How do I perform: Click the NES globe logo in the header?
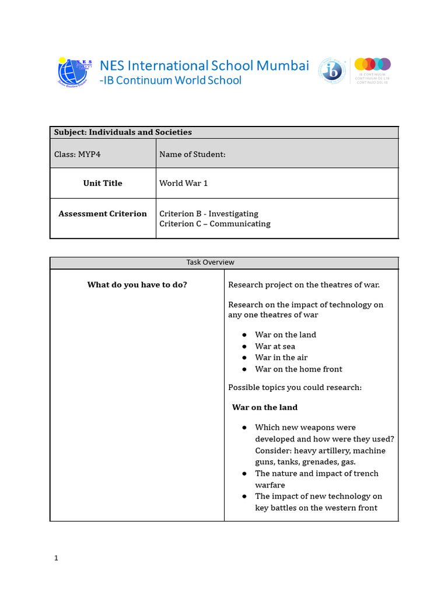pos(75,72)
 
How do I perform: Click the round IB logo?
pos(331,71)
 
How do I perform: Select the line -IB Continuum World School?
pos(170,80)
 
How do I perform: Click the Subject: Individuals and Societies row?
pos(123,132)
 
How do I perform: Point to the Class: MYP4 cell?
pos(73,154)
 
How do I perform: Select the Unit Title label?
pos(103,183)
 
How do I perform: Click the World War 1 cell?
pos(184,183)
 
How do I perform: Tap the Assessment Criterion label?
pos(103,213)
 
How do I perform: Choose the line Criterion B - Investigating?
pos(209,213)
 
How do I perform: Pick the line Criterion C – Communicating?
pos(215,224)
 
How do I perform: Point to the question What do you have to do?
pos(137,285)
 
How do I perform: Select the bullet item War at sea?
pos(275,346)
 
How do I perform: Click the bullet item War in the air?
pos(281,357)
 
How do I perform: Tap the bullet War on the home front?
pos(298,369)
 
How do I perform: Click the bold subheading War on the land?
pos(265,408)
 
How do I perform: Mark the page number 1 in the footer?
pos(56,558)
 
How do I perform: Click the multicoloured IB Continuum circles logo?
pos(372,64)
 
